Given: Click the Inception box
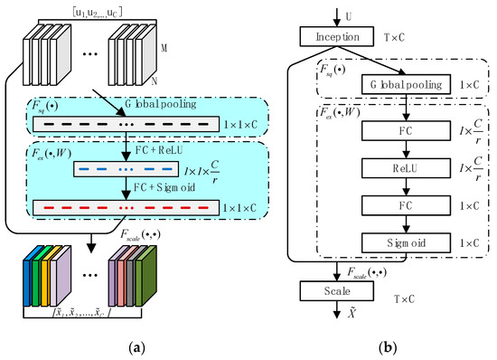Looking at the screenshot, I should (x=338, y=37).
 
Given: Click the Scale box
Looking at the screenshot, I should (x=338, y=292).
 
